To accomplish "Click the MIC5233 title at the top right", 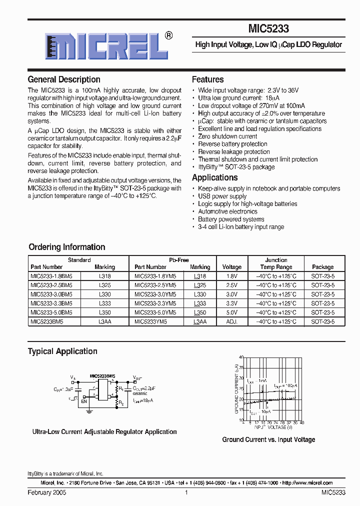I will click(x=268, y=29).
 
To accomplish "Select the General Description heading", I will click(x=64, y=79).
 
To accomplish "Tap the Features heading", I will click(x=207, y=79).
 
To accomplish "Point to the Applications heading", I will click(x=214, y=178).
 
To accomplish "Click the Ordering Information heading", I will click(x=66, y=247).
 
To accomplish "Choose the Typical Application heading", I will click(x=62, y=351).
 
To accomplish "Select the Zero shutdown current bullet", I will click(x=227, y=136).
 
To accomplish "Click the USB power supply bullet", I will click(x=222, y=196).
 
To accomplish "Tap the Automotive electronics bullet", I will click(x=227, y=211).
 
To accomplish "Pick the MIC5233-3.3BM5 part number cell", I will click(x=51, y=303).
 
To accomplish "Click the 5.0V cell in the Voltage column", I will click(x=231, y=312).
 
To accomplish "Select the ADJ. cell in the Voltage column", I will click(x=231, y=322).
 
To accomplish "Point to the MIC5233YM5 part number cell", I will click(x=150, y=322).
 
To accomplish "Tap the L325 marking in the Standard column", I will click(x=105, y=285).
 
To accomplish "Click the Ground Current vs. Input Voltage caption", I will click(x=268, y=440).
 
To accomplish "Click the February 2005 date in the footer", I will click(x=46, y=493).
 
